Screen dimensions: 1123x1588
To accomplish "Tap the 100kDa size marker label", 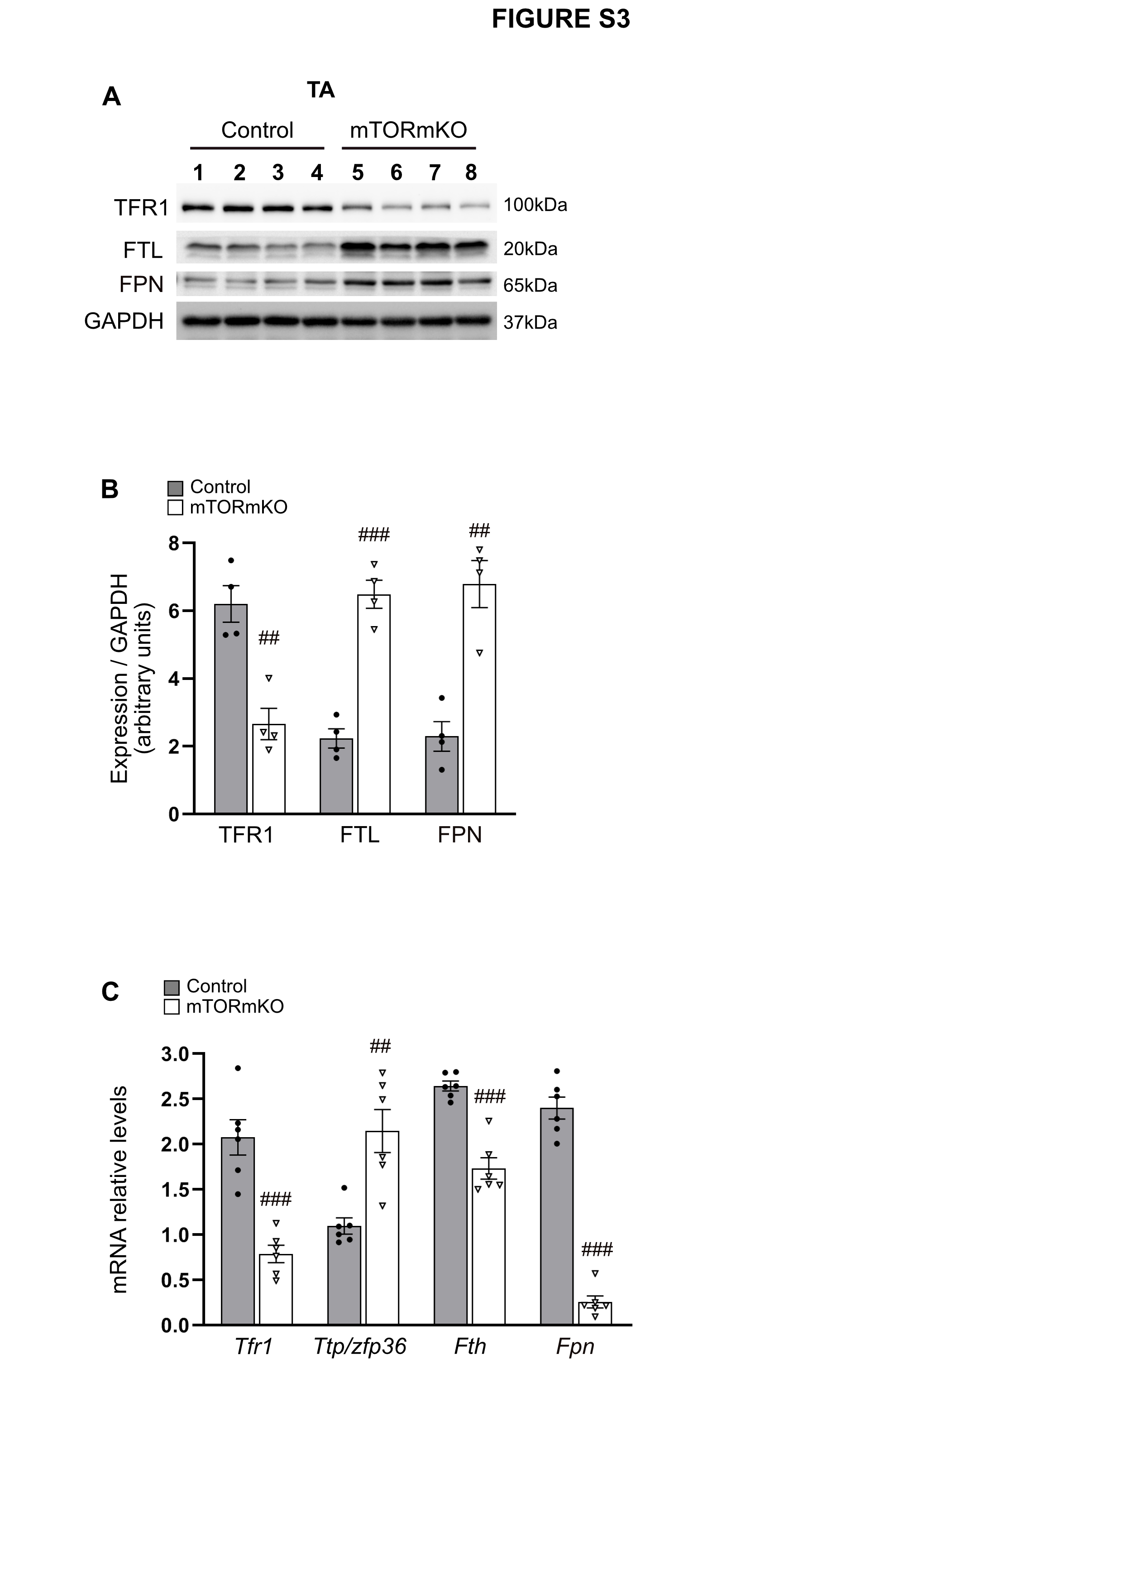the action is [x=535, y=205].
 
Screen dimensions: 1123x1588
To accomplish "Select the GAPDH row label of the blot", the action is [x=124, y=321].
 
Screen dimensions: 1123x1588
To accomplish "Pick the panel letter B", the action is [x=110, y=489].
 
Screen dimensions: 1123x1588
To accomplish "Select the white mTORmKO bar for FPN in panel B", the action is [x=479, y=699].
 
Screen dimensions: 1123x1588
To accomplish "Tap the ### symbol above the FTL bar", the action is [x=374, y=535].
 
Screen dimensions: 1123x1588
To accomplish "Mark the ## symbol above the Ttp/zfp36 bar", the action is [x=380, y=1047].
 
